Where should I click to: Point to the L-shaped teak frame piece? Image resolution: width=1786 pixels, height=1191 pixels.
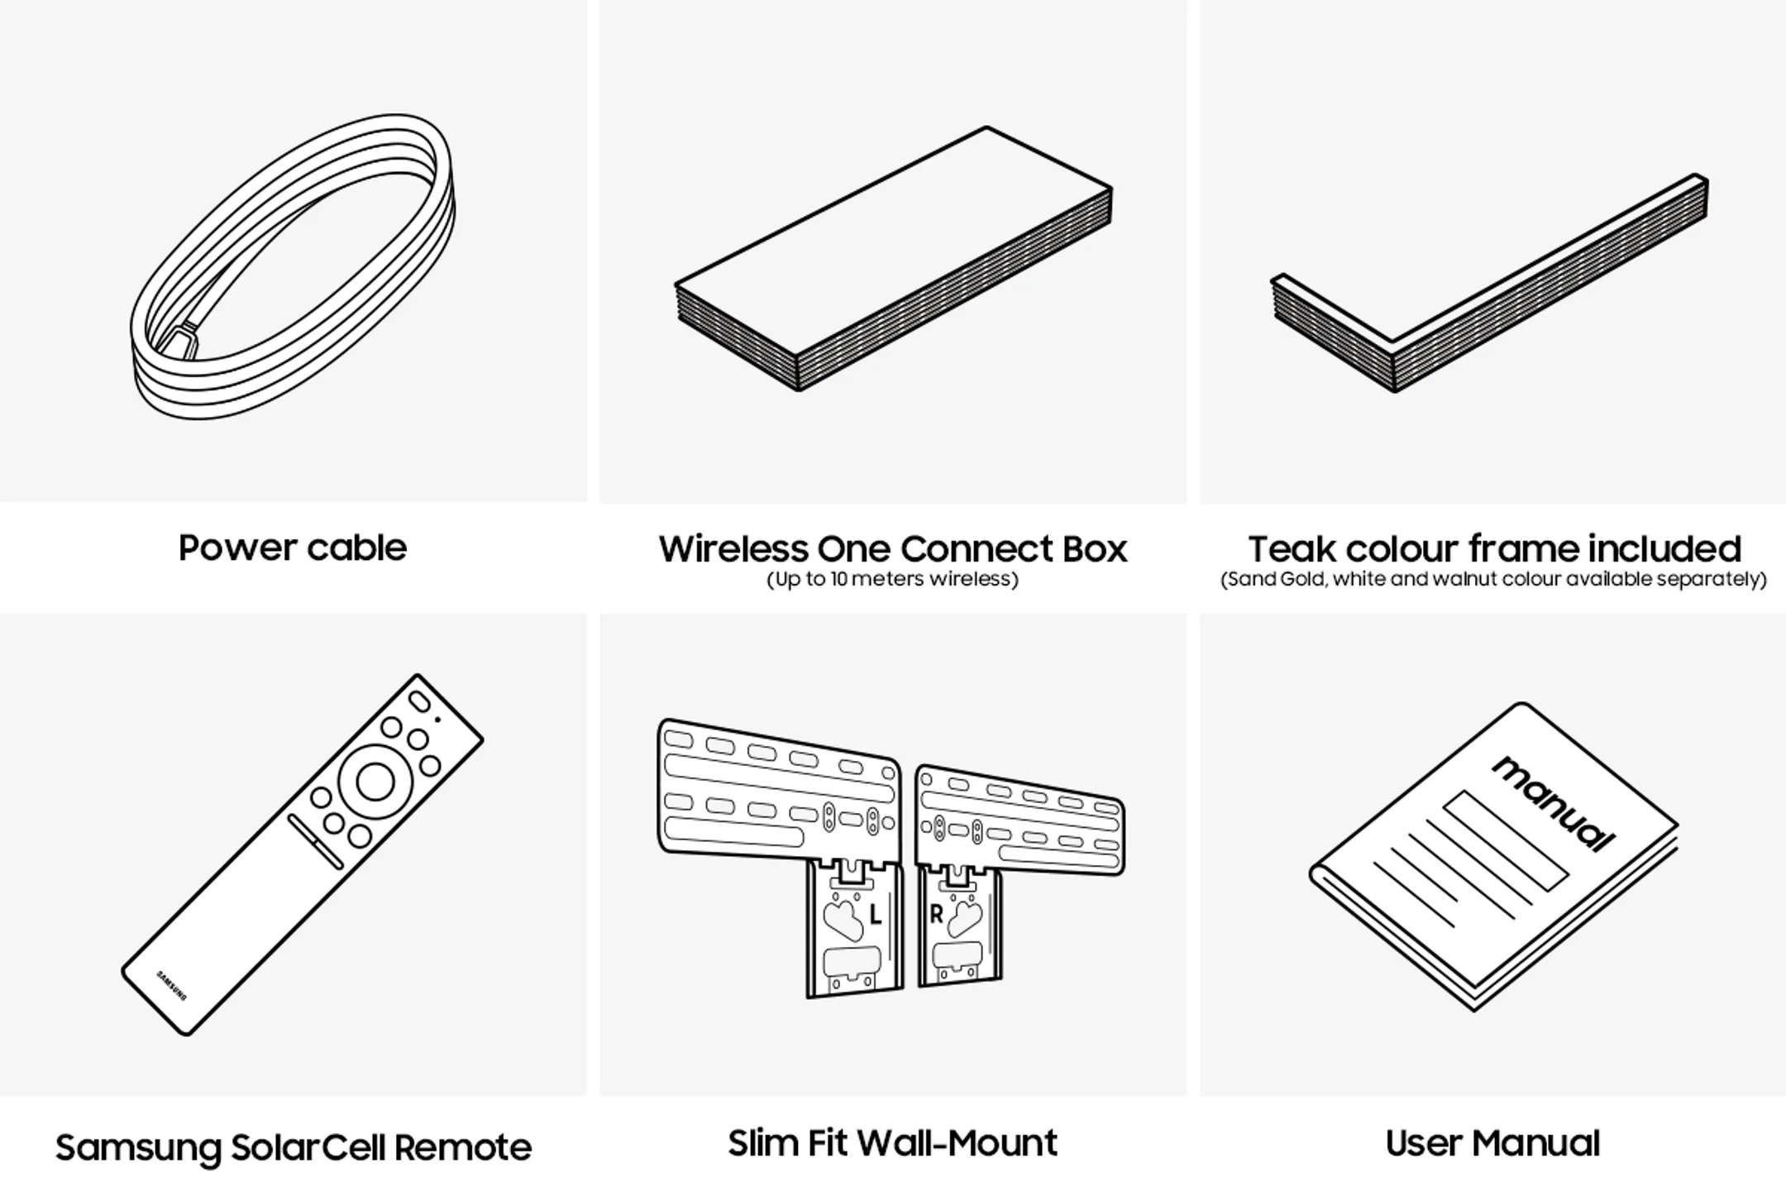coord(1488,285)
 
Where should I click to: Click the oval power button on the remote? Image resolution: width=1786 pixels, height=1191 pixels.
coord(420,701)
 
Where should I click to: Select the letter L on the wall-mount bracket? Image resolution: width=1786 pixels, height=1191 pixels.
coord(876,916)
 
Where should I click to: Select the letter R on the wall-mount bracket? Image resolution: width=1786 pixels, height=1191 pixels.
coord(936,915)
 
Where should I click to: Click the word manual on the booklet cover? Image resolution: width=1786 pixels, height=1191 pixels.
coord(1553,803)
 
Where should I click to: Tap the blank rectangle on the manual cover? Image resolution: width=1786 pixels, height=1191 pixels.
coord(1506,839)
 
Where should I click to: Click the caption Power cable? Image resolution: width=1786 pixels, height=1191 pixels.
coord(293,548)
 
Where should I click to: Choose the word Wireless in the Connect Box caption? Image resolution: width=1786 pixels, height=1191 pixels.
coord(732,549)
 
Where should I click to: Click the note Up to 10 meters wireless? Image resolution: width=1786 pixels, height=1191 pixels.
coord(893,579)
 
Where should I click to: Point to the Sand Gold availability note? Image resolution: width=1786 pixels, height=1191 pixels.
coord(1493,579)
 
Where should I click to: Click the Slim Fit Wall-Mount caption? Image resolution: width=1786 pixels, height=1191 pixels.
coord(893,1143)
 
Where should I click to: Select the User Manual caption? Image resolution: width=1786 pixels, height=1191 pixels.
coord(1492,1143)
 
